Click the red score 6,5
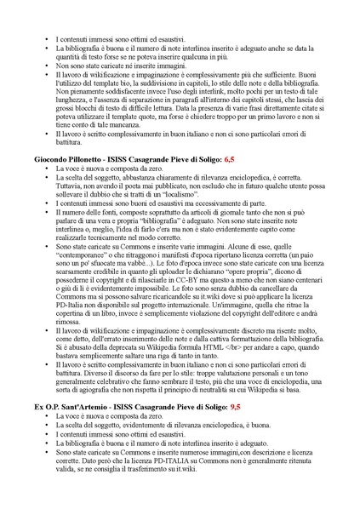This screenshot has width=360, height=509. [229, 159]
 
